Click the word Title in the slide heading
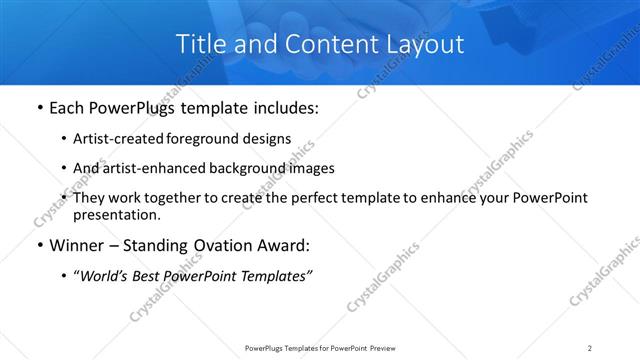[201, 44]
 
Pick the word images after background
[311, 168]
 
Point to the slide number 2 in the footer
[590, 347]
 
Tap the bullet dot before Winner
[38, 246]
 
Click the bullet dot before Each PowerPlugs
[38, 108]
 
